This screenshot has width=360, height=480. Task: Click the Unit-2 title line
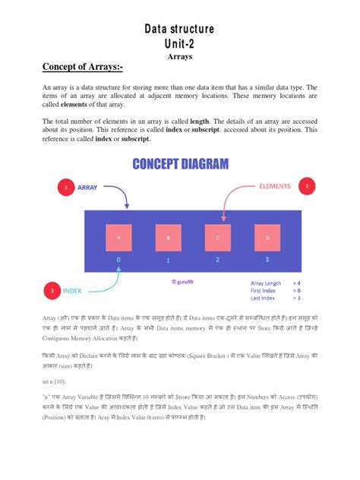click(180, 44)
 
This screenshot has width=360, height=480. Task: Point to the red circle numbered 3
click(52, 290)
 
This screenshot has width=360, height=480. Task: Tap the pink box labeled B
click(168, 237)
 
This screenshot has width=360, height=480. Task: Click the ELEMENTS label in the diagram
click(274, 185)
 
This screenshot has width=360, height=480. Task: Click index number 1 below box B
click(168, 261)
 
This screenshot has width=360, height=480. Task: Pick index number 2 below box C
click(217, 261)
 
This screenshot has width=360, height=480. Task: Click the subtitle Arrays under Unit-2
click(180, 56)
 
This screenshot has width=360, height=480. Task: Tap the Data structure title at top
click(180, 29)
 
